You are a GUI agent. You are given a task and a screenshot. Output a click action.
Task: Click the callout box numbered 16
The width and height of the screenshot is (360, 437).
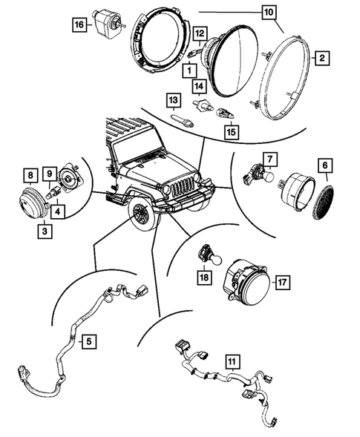click(x=78, y=25)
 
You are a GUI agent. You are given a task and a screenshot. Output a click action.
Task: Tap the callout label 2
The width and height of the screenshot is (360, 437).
click(x=320, y=57)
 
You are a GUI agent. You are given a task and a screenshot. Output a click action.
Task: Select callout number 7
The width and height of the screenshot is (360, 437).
click(x=270, y=159)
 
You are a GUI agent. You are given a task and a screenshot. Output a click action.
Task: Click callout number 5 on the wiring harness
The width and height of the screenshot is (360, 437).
click(x=88, y=342)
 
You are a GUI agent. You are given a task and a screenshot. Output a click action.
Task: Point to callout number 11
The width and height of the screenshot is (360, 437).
click(x=232, y=362)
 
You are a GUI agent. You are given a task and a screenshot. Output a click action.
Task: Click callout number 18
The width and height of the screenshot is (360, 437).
click(x=202, y=277)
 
